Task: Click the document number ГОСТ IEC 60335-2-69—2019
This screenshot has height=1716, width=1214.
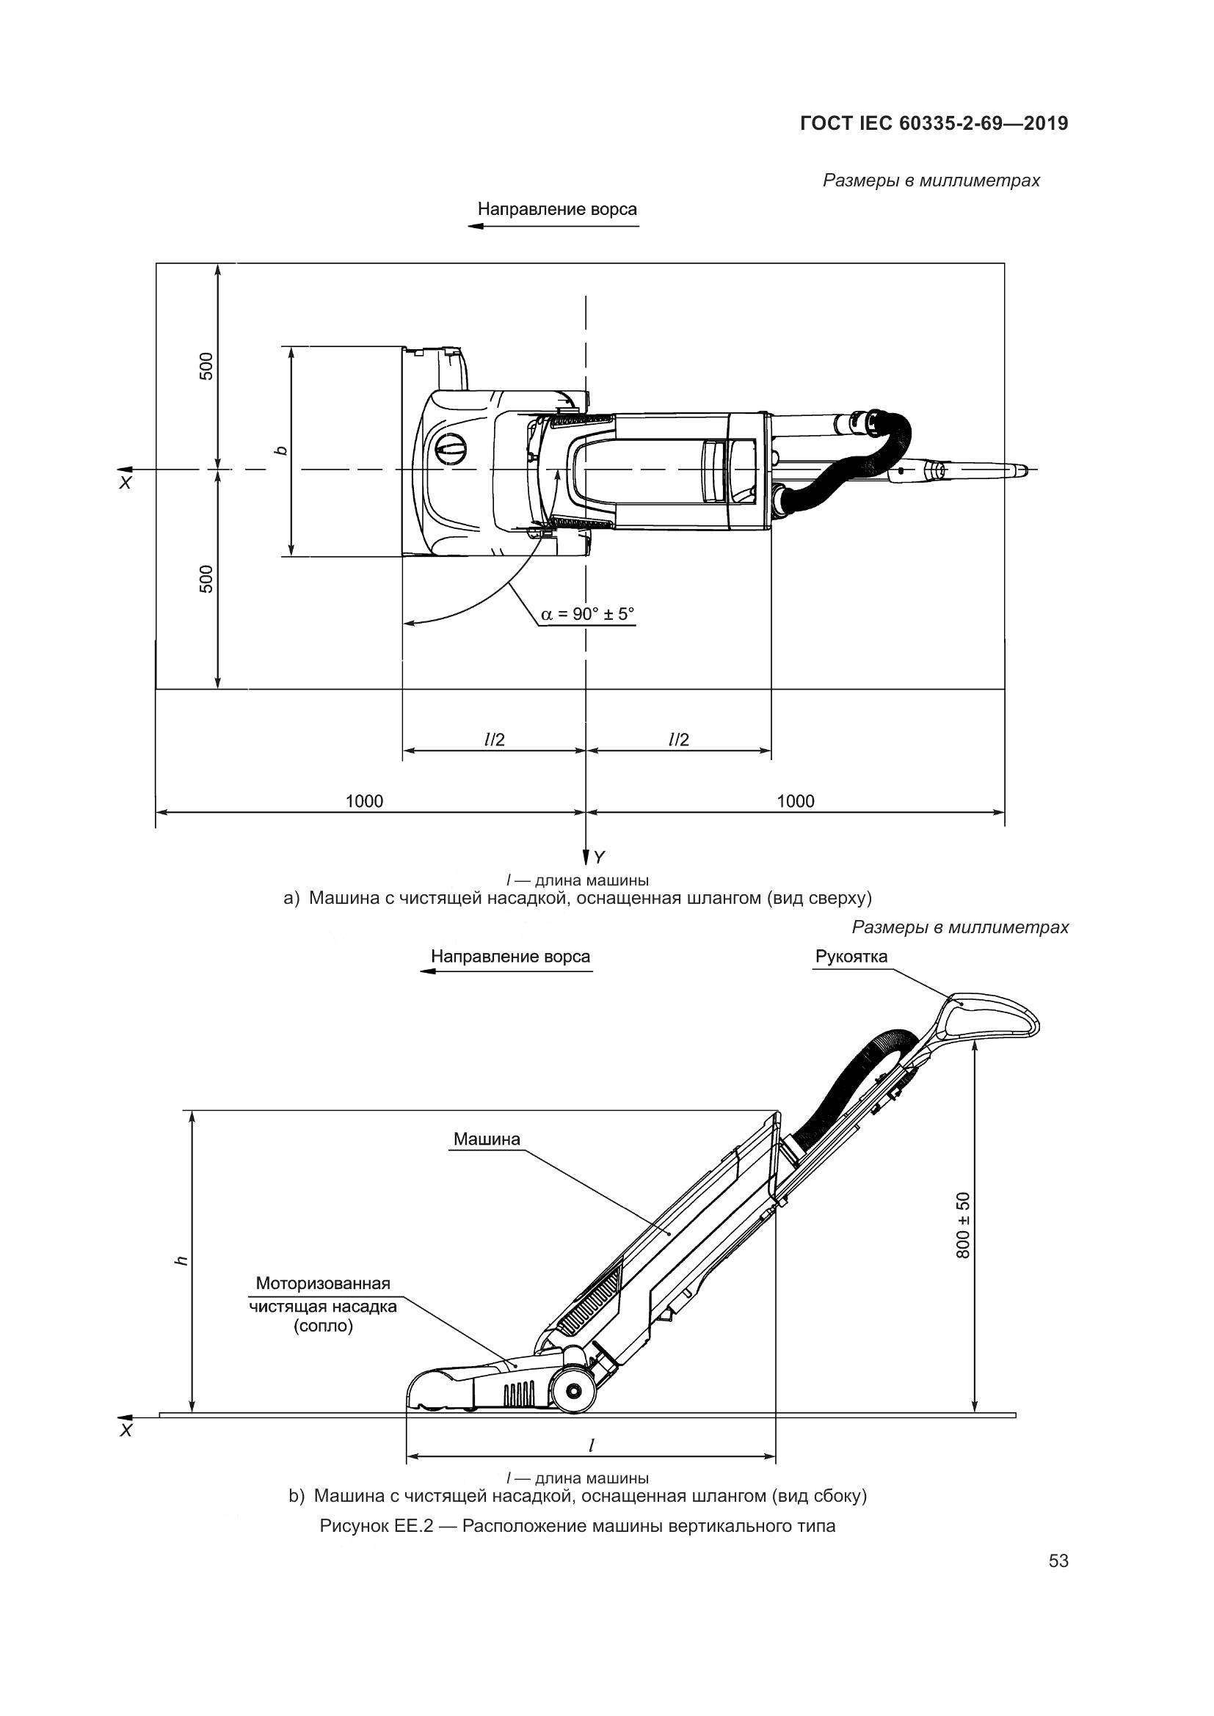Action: pyautogui.click(x=934, y=123)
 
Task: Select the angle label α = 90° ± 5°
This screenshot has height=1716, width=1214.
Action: pyautogui.click(x=587, y=613)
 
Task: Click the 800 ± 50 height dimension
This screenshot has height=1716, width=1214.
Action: pyautogui.click(x=964, y=1225)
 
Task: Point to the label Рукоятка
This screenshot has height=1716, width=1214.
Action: pyautogui.click(x=851, y=957)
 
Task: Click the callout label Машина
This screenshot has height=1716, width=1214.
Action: pyautogui.click(x=487, y=1139)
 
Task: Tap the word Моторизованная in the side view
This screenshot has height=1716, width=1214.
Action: pyautogui.click(x=323, y=1283)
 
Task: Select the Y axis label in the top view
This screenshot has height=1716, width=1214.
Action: pyautogui.click(x=600, y=856)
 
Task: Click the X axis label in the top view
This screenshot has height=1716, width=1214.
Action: pyautogui.click(x=126, y=483)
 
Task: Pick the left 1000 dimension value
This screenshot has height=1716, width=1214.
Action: pyautogui.click(x=364, y=801)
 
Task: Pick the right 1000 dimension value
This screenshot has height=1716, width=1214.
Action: pyautogui.click(x=796, y=801)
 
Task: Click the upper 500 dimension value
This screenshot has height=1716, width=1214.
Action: pyautogui.click(x=207, y=365)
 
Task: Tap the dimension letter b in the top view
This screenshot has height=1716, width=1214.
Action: pyautogui.click(x=280, y=450)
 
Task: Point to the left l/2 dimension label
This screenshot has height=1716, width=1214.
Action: pyautogui.click(x=494, y=740)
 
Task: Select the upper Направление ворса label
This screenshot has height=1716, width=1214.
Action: pyautogui.click(x=557, y=209)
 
